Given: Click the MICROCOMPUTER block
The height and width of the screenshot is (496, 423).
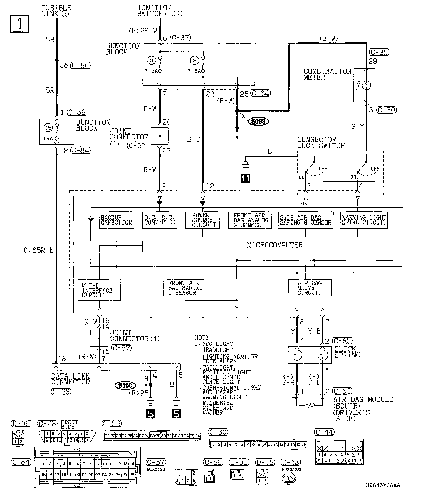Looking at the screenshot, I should point(275,245).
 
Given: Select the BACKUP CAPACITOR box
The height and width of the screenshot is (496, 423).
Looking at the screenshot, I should point(116,220).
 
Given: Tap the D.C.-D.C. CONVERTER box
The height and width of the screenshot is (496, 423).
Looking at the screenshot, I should point(160,220).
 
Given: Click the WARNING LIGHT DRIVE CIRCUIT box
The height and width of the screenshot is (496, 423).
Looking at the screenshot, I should point(364,220).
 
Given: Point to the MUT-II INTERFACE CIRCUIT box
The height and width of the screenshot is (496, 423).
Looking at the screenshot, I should point(99,290).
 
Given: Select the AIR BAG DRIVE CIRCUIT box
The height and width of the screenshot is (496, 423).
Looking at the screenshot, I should point(310,288).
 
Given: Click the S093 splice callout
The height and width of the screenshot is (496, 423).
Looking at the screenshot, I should point(259,121).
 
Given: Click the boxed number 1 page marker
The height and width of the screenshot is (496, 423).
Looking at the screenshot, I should point(20,24).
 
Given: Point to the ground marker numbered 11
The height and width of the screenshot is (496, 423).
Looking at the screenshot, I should point(246,178).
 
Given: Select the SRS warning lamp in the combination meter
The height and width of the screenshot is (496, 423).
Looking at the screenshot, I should point(366,85).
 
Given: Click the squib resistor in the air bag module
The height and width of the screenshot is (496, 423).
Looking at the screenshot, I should point(310,406).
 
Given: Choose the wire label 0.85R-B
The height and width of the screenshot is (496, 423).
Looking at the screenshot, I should point(39,250).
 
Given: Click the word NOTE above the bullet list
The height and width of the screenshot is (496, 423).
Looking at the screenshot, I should point(202,338).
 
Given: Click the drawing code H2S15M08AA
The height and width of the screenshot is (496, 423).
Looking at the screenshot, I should point(383,485).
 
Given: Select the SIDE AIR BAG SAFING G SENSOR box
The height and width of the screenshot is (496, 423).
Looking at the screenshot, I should point(305,220).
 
